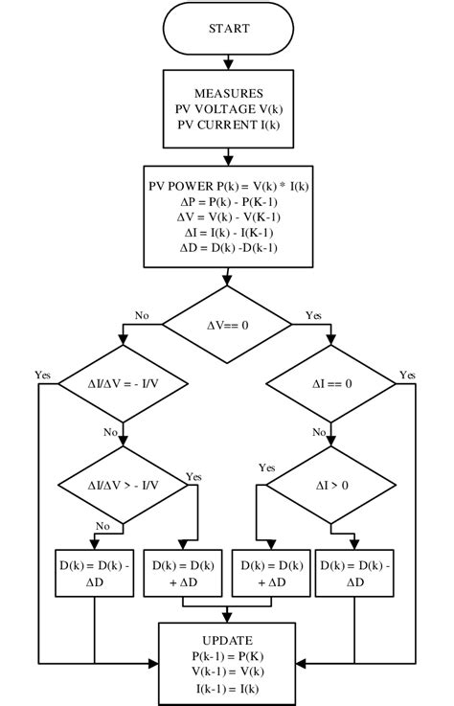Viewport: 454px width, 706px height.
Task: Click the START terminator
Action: coord(227,29)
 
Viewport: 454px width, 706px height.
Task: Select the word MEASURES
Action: coord(227,93)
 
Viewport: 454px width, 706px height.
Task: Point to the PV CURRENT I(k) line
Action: coord(227,124)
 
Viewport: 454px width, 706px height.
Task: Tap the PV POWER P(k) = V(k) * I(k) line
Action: coord(227,186)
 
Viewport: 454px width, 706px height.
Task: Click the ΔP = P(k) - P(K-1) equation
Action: coord(227,201)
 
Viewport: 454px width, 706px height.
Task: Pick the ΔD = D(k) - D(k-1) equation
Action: coord(227,247)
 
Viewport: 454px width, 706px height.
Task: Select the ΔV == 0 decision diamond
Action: coord(227,326)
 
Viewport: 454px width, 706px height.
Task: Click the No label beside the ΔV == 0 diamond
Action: coord(142,315)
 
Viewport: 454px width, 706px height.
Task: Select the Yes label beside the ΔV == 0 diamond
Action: coord(313,315)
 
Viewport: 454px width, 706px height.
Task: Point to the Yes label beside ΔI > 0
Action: coord(267,467)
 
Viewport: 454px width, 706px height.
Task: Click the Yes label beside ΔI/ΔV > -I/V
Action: coord(193,477)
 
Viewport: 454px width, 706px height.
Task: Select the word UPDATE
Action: coord(227,639)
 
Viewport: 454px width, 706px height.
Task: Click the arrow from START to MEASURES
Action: coord(227,62)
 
